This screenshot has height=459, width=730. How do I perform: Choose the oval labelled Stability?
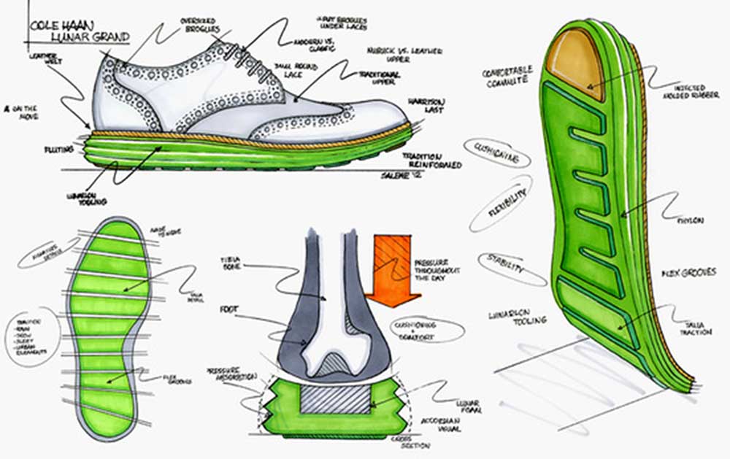tap(512, 268)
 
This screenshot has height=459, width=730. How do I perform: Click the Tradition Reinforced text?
tap(431, 161)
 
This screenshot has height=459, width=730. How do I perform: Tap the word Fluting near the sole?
tap(61, 150)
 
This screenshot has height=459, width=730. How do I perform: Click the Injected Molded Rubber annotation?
tap(683, 90)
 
